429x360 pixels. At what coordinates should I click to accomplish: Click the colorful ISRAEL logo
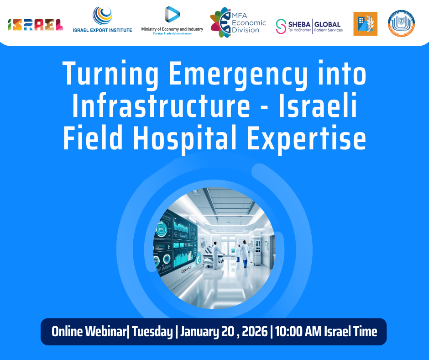click(36, 24)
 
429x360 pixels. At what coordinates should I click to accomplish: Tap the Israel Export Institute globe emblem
click(103, 16)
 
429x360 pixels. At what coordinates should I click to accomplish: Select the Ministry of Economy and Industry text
click(172, 29)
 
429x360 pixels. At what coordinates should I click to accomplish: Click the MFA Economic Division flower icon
click(220, 23)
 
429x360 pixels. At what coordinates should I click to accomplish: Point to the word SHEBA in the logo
click(298, 24)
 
